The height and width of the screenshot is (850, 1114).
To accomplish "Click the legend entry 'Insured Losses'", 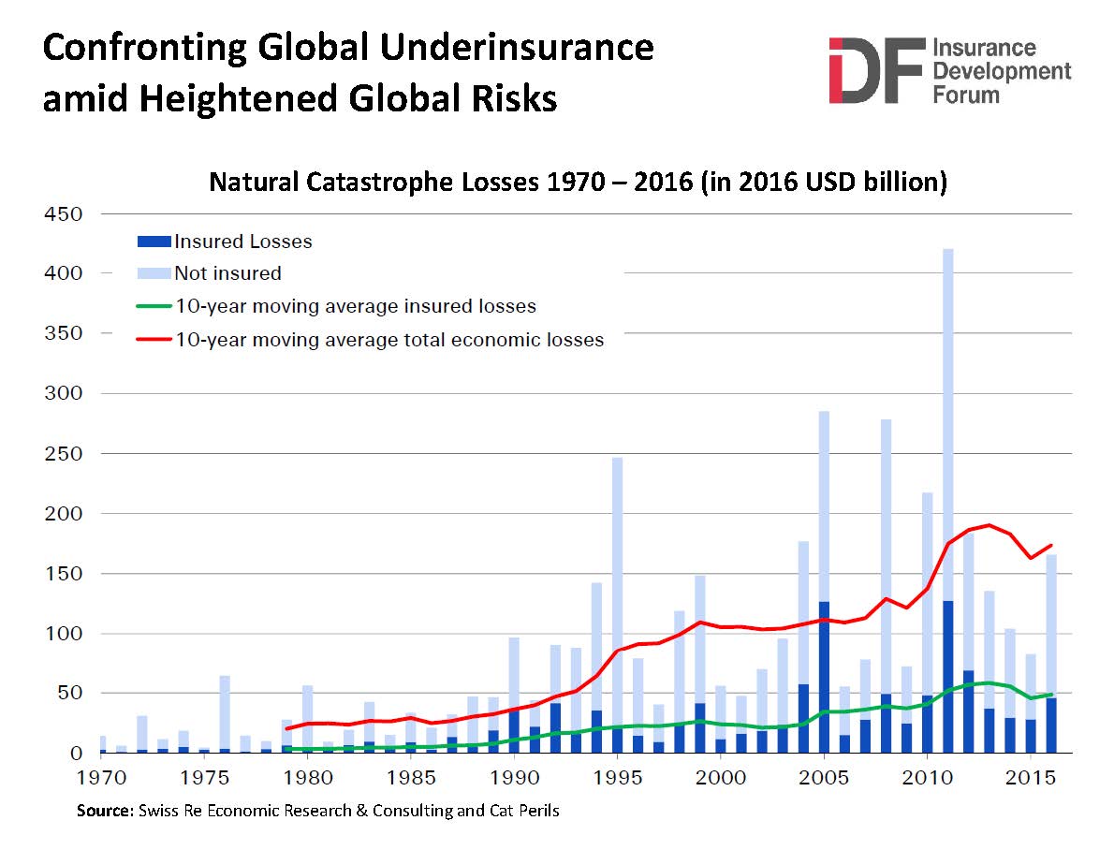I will point(242,242).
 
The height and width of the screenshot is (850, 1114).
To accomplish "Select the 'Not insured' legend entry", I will point(227,273).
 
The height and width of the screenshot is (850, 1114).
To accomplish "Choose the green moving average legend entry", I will point(355,306).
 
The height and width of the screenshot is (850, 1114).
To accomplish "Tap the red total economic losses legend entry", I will point(388,340).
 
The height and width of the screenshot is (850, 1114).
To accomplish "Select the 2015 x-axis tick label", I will point(1030,777).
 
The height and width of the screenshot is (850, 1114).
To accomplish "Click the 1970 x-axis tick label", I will point(98,777).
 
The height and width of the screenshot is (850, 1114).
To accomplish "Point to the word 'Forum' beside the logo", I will point(965,94).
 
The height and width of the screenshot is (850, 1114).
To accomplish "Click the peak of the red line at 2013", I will point(989,525).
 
